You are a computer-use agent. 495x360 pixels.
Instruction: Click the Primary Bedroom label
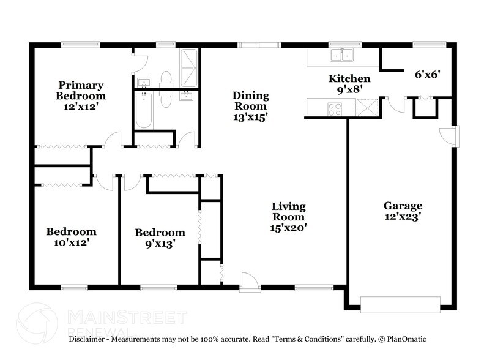pyautogui.click(x=80, y=91)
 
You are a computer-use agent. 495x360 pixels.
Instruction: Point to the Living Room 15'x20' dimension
pyautogui.click(x=289, y=227)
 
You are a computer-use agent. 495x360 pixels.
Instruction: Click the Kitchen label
pyautogui.click(x=349, y=79)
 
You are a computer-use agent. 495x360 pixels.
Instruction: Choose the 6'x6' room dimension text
pyautogui.click(x=428, y=75)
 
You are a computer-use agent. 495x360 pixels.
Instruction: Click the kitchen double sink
pyautogui.click(x=341, y=56)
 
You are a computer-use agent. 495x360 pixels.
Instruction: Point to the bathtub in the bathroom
pyautogui.click(x=144, y=110)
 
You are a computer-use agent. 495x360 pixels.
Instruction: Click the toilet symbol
pyautogui.click(x=164, y=80)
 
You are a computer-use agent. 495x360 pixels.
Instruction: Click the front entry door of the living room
pyautogui.click(x=250, y=283)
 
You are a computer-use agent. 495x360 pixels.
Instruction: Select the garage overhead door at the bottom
pyautogui.click(x=400, y=304)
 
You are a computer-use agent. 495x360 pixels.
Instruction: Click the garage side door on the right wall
pyautogui.click(x=452, y=135)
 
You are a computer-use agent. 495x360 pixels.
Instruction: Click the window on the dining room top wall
pyautogui.click(x=257, y=44)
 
